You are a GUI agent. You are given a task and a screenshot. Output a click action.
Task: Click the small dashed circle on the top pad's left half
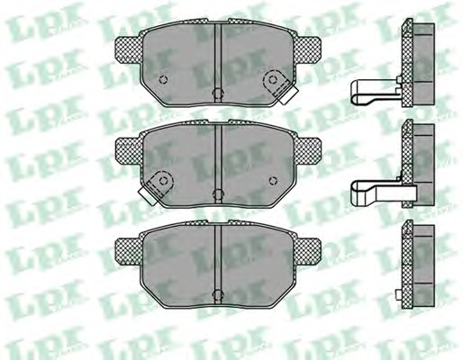[163, 79]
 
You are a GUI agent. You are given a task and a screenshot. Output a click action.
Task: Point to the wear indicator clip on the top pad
[279, 86]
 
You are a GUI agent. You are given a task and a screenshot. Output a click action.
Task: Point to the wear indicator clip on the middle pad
[156, 188]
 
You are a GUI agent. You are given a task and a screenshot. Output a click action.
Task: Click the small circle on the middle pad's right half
[273, 180]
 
